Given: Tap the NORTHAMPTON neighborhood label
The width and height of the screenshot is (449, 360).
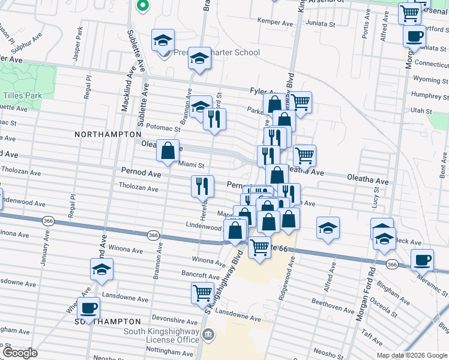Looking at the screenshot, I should [107, 135].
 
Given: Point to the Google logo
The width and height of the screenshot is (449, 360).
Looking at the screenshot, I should [20, 353].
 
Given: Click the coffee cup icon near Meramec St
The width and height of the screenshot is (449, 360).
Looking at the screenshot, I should [422, 259].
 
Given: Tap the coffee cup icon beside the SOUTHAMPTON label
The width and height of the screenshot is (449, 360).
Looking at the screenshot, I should [89, 308].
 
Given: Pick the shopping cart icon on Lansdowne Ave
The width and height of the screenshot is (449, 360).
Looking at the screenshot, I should [202, 293].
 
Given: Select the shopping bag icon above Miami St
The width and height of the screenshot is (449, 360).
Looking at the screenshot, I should [167, 150].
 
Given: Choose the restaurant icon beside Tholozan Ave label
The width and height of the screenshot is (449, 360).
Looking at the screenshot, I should [203, 186].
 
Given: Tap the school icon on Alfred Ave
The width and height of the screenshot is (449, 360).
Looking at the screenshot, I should [328, 228].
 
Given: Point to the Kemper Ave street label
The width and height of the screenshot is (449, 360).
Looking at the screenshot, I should [274, 21].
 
